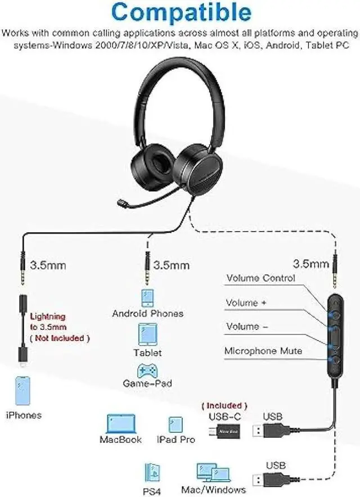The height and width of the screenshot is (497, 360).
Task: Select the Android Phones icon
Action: point(147,297)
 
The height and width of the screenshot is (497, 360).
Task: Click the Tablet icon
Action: point(147,335)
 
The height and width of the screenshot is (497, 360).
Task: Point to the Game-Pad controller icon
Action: point(147,371)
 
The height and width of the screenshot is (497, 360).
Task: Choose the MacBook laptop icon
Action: point(120,424)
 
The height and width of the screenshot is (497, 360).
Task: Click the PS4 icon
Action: point(153,472)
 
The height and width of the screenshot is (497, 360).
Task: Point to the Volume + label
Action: point(246,303)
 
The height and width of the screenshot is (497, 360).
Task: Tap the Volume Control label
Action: point(260,278)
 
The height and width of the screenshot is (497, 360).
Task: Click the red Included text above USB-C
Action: point(224,405)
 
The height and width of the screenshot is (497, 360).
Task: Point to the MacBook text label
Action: point(120,439)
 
